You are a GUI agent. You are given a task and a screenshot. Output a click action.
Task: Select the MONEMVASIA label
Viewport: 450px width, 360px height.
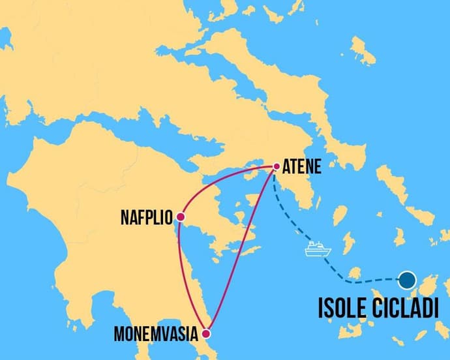157,335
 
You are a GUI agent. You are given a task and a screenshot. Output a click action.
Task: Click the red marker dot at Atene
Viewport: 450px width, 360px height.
277,166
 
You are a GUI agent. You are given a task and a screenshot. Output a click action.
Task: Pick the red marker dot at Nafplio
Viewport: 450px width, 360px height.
180,217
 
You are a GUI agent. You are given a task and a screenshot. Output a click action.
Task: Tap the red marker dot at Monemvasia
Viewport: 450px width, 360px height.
207,335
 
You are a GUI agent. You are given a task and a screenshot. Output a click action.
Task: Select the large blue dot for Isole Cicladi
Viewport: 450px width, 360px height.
408,280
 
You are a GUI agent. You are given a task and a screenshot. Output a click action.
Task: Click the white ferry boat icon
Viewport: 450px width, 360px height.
318,249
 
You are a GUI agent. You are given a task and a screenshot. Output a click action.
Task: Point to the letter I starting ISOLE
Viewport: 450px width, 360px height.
321,308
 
